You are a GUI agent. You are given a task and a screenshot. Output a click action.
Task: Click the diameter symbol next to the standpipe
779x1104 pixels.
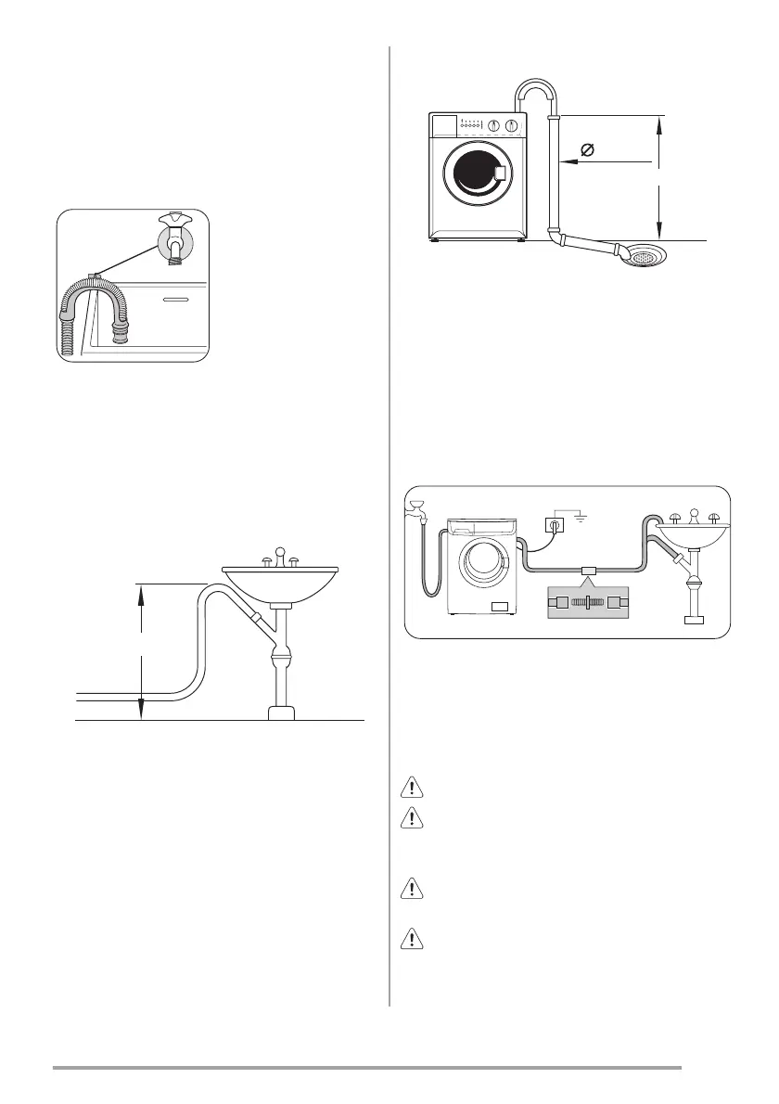(586, 150)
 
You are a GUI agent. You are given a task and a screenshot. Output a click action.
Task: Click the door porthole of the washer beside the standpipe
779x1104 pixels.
(476, 174)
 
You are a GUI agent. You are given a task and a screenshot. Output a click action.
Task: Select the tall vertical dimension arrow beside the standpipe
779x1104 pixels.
(658, 176)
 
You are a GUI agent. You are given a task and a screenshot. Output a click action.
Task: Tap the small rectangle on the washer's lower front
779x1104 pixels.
(502, 606)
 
